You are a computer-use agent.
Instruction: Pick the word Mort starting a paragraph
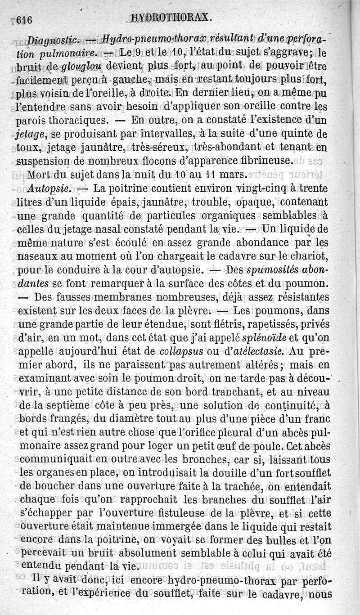pos(37,174)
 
